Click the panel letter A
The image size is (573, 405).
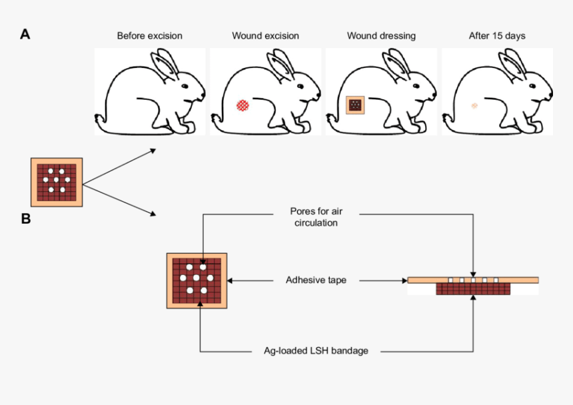point(25,34)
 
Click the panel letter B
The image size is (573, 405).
point(25,218)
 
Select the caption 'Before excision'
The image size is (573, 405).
point(149,35)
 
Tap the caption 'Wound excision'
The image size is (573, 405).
point(265,35)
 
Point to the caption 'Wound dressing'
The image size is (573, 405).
point(380,35)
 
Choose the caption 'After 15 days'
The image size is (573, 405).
point(496,35)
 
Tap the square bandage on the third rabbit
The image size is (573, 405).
point(357,105)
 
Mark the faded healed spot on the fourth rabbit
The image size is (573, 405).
point(475,105)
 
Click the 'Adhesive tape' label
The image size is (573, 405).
point(316,280)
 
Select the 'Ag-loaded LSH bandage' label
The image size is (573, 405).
point(316,350)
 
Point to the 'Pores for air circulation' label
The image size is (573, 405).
point(316,217)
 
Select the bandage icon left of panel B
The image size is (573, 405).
point(57,182)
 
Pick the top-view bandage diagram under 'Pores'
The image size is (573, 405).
point(197,280)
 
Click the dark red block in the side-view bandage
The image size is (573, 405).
point(473,289)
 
